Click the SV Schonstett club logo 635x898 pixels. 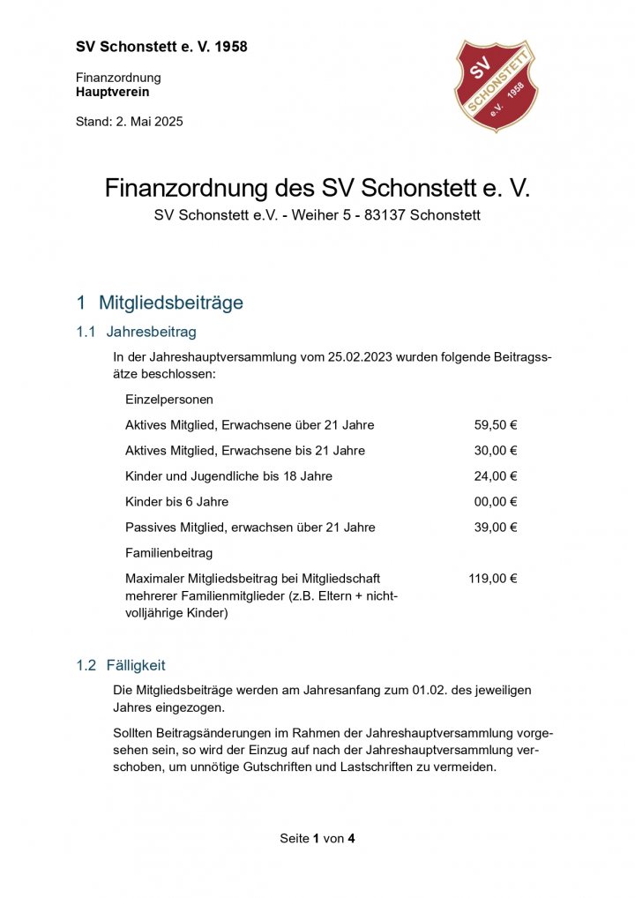(495, 85)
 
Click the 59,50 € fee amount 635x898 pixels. (495, 425)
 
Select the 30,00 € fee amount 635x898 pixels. (495, 451)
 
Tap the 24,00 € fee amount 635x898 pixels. (495, 476)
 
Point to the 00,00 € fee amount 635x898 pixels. (495, 502)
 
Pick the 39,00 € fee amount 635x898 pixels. (495, 528)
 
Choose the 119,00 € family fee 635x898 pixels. (492, 579)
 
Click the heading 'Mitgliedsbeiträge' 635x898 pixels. (170, 303)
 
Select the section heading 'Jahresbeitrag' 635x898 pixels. (151, 333)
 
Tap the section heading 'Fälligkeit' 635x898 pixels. (136, 665)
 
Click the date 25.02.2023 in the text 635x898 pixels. (360, 357)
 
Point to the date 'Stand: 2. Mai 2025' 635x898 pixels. (130, 122)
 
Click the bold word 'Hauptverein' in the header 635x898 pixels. (113, 92)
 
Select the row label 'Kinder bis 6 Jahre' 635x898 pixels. (176, 502)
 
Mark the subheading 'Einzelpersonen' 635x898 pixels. (169, 400)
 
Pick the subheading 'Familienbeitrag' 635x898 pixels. (169, 553)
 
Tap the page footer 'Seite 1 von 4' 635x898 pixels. (317, 838)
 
